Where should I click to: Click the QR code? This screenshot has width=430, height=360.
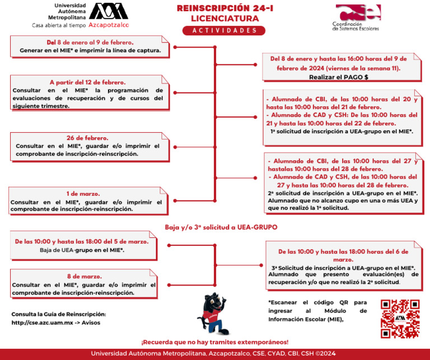tap(400, 318)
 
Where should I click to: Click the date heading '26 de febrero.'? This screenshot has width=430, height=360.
tap(87, 138)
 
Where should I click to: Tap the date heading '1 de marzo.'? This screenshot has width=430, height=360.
tap(86, 193)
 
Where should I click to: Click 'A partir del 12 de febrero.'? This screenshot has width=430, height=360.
tap(87, 82)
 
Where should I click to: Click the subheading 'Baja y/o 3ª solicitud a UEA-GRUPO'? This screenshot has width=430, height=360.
tap(221, 227)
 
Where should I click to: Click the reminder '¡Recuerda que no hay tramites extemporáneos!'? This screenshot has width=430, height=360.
tap(215, 342)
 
